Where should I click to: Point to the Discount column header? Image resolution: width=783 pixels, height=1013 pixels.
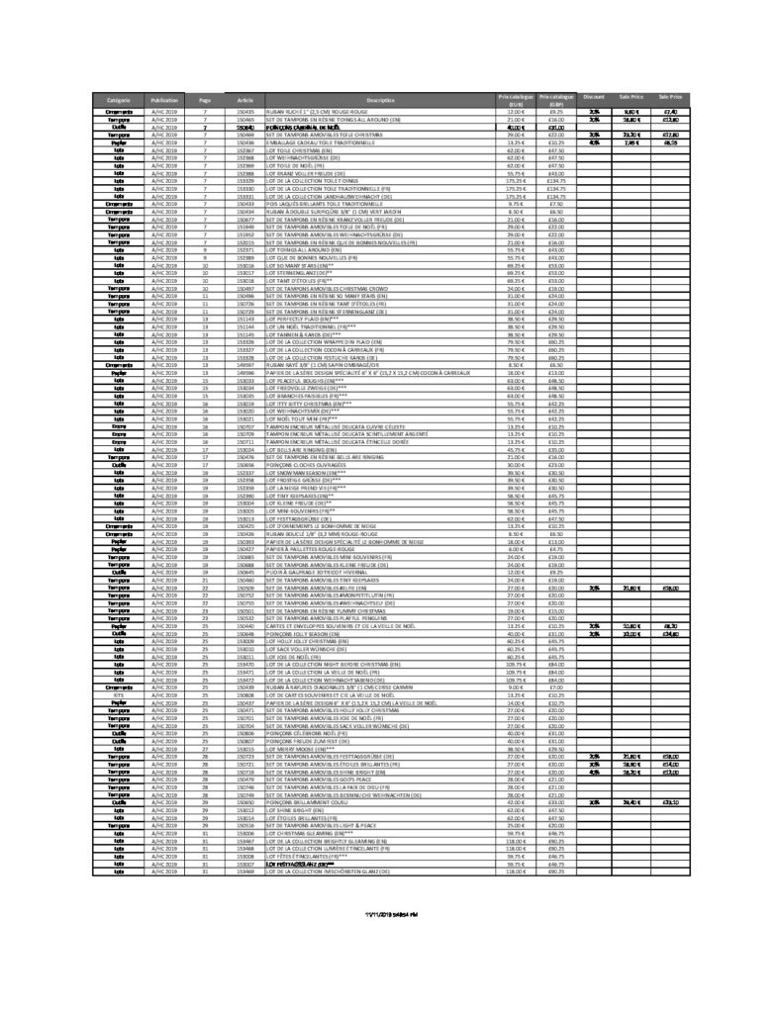click(x=594, y=97)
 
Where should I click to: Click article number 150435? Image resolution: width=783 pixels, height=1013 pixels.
click(x=245, y=112)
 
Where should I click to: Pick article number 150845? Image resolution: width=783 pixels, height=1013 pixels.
click(x=245, y=572)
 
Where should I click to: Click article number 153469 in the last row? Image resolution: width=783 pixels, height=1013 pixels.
click(x=245, y=871)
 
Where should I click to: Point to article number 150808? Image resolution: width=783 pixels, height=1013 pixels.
click(x=245, y=695)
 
